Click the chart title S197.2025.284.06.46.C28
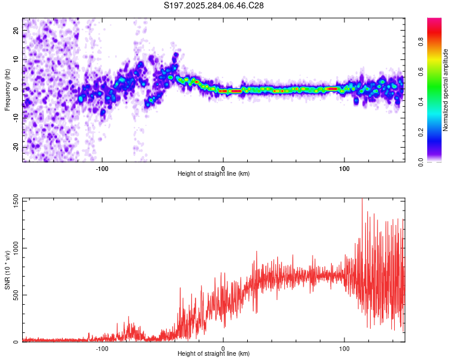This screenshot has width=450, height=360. pyautogui.click(x=214, y=5)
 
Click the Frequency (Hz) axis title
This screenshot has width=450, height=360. pyautogui.click(x=7, y=90)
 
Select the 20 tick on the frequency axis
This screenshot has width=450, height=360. pyautogui.click(x=16, y=30)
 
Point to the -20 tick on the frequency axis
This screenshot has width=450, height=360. pyautogui.click(x=16, y=147)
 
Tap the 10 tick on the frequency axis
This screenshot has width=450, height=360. pyautogui.click(x=16, y=59)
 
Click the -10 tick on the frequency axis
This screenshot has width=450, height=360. pyautogui.click(x=16, y=118)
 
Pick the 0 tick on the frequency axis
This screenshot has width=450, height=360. pyautogui.click(x=16, y=89)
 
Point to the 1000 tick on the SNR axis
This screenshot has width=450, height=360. pyautogui.click(x=16, y=248)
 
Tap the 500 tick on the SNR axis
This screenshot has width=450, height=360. pyautogui.click(x=16, y=295)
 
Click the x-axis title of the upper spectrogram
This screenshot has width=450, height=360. pyautogui.click(x=214, y=173)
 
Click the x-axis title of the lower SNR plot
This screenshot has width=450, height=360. pyautogui.click(x=214, y=353)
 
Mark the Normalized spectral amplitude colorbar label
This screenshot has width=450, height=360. pyautogui.click(x=446, y=90)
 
